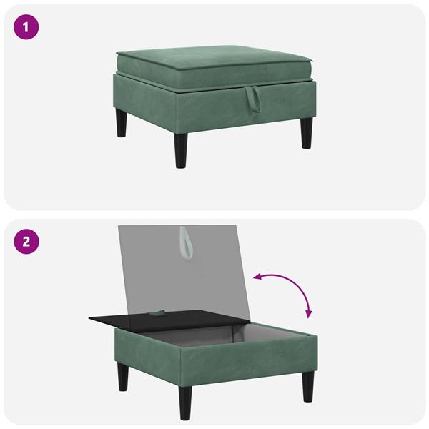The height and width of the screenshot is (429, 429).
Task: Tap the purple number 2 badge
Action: tap(26, 241)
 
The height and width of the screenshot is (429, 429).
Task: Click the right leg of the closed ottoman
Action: tap(307, 134)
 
